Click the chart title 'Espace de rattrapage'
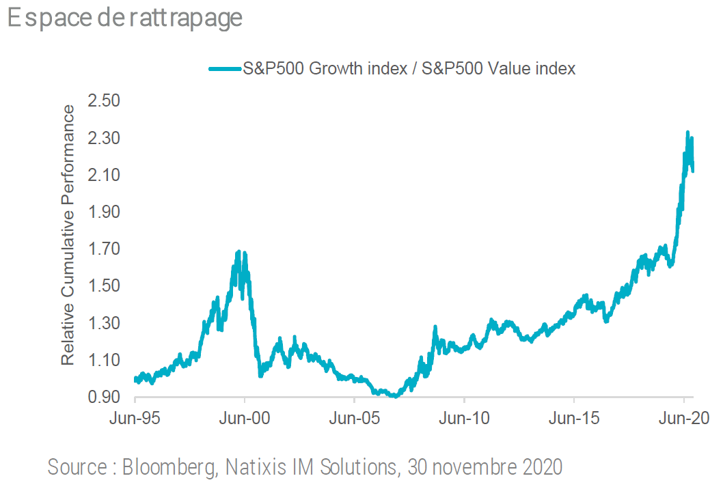(x=125, y=18)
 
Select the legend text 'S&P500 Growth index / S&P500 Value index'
(x=409, y=68)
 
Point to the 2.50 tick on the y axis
(x=105, y=101)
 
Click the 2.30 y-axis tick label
(x=105, y=138)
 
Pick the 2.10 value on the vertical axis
(x=105, y=175)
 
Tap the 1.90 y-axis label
(x=105, y=212)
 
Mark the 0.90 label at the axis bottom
(x=105, y=397)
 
